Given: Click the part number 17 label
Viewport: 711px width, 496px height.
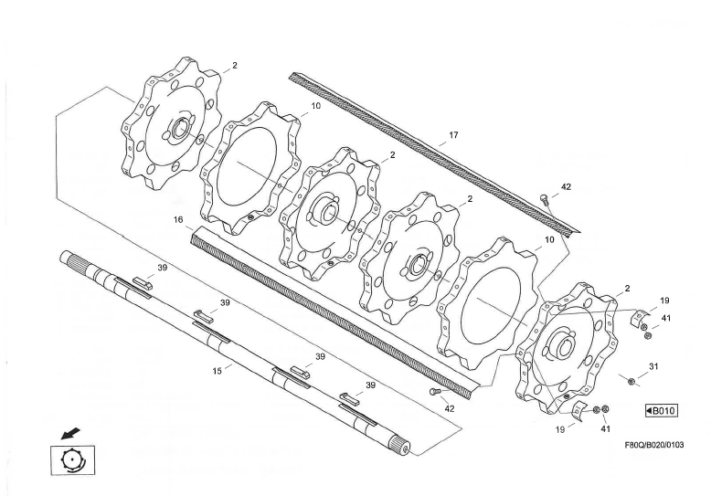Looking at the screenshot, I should click(453, 135).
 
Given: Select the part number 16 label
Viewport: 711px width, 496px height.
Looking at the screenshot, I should click(179, 220).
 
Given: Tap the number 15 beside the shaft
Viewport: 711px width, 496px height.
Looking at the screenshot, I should click(218, 372).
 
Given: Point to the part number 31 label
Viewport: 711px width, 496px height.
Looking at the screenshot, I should click(653, 366).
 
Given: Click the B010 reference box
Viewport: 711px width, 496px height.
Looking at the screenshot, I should click(660, 411).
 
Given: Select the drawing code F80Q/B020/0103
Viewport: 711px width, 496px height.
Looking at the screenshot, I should click(653, 445).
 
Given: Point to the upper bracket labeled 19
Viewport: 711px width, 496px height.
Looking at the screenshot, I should click(641, 317).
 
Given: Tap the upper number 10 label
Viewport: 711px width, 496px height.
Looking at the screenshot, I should click(314, 106).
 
